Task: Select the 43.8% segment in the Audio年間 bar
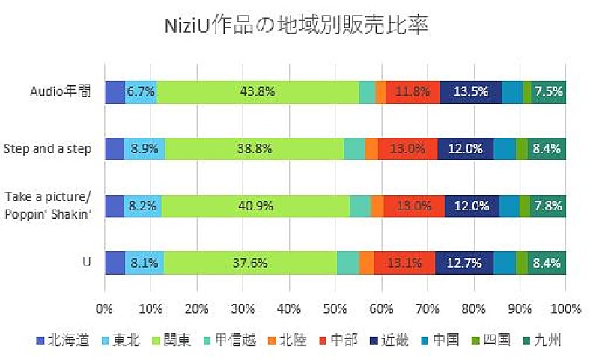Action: (x=258, y=92)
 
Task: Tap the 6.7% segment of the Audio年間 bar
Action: (x=141, y=92)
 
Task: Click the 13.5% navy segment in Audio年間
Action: (x=471, y=92)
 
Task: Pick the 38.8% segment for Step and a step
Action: (x=254, y=149)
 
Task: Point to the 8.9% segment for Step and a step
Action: (x=144, y=149)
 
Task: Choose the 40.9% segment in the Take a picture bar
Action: (x=255, y=206)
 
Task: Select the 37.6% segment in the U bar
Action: (x=250, y=263)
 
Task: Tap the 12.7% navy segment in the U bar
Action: (x=464, y=263)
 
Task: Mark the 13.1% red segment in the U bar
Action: (x=404, y=263)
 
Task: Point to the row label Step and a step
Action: (x=48, y=149)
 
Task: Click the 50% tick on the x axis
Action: (x=335, y=308)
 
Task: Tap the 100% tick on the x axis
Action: (x=565, y=308)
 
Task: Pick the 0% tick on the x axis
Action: (x=105, y=308)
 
